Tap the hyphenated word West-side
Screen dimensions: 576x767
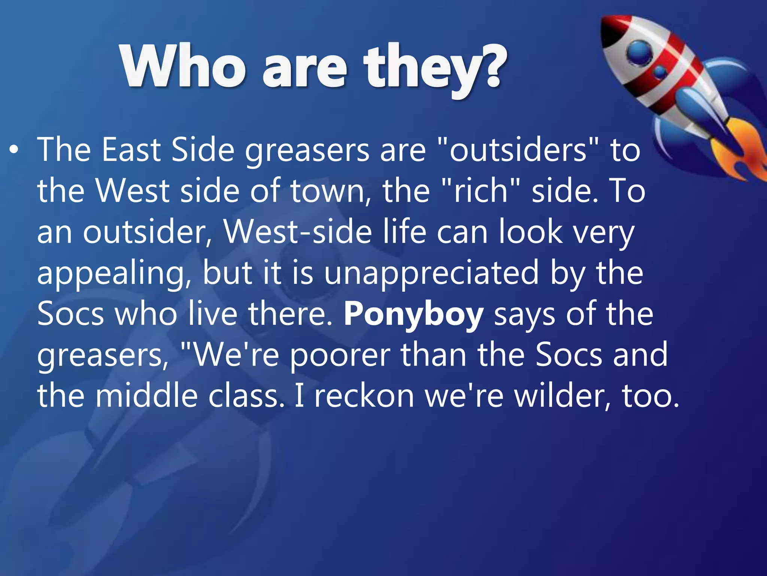[x=298, y=232]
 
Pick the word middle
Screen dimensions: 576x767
[x=146, y=396]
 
